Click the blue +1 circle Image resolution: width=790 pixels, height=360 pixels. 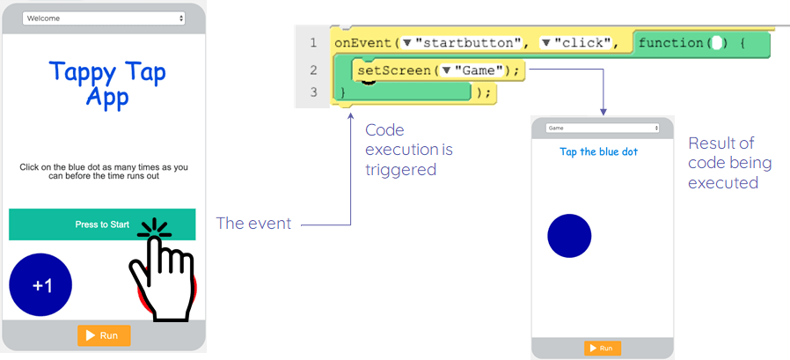(40, 285)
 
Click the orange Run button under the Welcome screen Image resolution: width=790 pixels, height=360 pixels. (104, 335)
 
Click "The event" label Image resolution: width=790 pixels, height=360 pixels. (253, 224)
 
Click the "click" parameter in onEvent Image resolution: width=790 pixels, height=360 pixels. (583, 42)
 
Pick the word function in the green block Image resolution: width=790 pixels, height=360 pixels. (673, 42)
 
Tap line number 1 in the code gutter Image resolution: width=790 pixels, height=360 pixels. (312, 43)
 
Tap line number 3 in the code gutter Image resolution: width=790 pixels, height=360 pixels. (312, 92)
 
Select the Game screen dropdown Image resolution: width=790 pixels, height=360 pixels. (603, 128)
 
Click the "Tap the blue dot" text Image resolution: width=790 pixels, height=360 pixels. (599, 151)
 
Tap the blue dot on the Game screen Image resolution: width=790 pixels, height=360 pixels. (569, 235)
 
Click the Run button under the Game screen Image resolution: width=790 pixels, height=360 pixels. (603, 349)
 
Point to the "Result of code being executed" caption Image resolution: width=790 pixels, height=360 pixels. (729, 163)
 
